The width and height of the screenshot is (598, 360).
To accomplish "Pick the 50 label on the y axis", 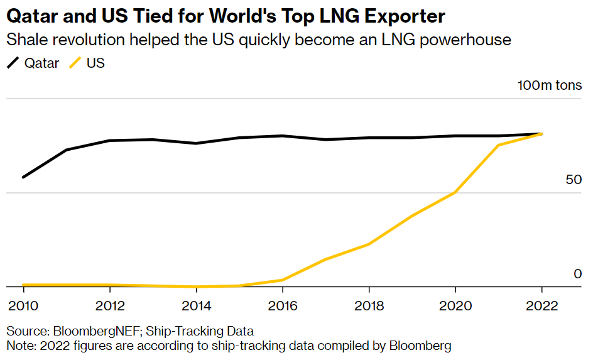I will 574,180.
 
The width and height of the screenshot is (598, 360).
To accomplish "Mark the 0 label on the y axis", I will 578,274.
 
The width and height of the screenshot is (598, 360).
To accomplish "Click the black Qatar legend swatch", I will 13,63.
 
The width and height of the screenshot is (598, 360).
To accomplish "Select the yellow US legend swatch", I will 75,63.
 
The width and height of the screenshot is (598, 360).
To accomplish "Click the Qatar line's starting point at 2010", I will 23,177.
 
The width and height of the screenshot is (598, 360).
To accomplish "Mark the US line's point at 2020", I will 455,192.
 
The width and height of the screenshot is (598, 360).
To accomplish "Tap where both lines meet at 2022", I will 541,134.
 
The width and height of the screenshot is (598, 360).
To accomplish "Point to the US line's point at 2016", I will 282,280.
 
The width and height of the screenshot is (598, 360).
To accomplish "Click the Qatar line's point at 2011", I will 67,150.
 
